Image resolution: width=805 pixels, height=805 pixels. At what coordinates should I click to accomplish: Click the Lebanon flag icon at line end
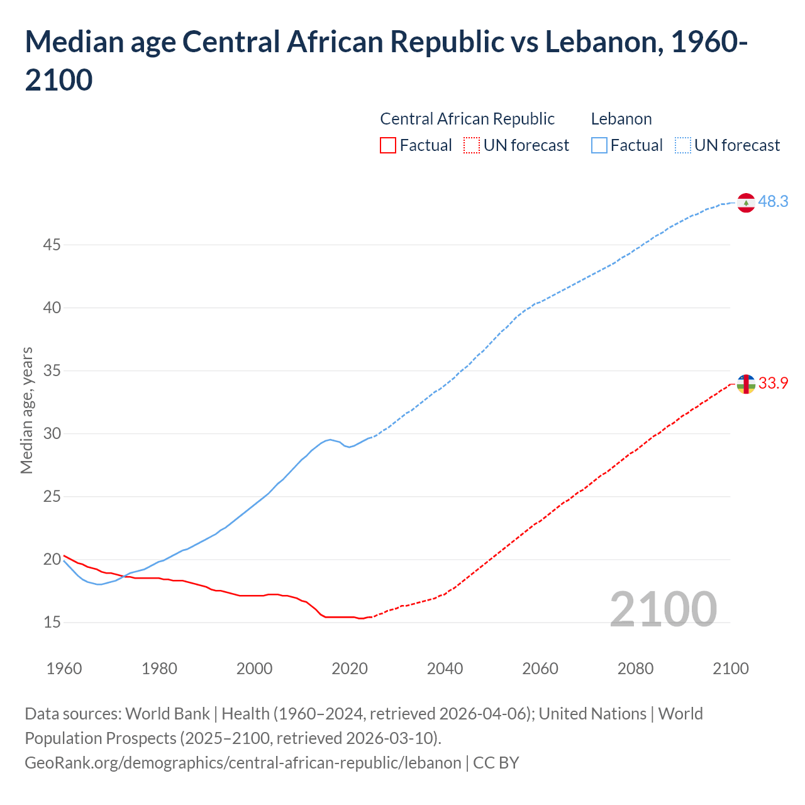pos(746,203)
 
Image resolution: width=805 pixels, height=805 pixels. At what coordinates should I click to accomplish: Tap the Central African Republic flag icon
pos(746,384)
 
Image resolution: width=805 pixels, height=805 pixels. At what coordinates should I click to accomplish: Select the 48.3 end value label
pos(773,202)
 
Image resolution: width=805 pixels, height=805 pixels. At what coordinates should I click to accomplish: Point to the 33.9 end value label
pos(773,383)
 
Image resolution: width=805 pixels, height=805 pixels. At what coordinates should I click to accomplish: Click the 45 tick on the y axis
pos(52,245)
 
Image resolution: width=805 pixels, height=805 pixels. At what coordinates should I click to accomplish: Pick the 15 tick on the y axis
pos(52,622)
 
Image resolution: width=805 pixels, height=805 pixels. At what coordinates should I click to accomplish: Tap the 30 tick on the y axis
pos(52,433)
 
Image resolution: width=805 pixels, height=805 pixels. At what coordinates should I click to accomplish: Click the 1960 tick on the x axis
pos(64,669)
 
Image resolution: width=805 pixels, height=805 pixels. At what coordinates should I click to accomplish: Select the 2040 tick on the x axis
pos(445,669)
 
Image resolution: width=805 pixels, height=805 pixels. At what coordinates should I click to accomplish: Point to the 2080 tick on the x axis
pos(635,669)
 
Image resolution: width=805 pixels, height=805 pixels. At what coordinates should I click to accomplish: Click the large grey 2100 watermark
pos(663,609)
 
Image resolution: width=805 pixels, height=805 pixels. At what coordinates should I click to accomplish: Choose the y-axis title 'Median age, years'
pos(26,410)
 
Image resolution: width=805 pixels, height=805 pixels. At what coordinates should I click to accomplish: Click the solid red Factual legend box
pos(388,145)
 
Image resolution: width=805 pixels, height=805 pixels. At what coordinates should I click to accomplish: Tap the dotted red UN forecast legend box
pos(472,145)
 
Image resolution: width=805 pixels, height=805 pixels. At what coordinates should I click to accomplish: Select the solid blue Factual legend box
pos(599,145)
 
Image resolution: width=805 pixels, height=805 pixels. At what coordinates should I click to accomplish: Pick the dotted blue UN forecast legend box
pos(683,145)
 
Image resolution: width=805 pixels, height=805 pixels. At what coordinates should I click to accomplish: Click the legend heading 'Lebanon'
pos(621,119)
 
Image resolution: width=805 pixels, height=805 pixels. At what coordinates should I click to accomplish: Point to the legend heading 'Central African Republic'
pos(467,119)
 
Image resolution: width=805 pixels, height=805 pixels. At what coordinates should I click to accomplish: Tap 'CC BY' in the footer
pos(496,763)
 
